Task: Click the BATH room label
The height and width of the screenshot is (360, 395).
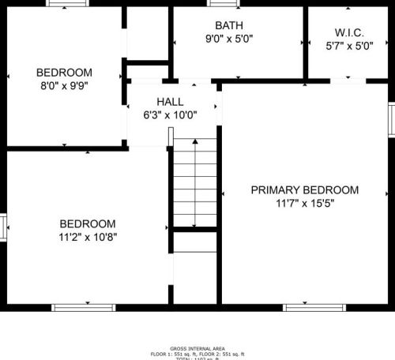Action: point(229,25)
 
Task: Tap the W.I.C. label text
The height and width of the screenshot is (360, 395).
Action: point(348,32)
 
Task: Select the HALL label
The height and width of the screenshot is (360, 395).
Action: point(170,102)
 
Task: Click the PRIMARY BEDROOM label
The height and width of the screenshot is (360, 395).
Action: point(304,189)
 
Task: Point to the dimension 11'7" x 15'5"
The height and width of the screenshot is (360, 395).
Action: point(304,203)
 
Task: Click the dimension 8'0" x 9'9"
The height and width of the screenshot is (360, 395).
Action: point(65,86)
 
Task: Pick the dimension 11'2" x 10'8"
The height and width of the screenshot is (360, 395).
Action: point(87,237)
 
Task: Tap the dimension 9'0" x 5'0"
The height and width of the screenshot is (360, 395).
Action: point(229,38)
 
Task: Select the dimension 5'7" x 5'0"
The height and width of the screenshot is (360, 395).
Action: point(348,46)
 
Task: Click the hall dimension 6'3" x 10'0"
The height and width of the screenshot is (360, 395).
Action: point(170,114)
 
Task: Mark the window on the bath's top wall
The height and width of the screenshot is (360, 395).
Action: point(224,3)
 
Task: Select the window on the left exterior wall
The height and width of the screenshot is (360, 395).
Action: point(3,227)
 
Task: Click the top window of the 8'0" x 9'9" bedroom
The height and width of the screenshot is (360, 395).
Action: point(67,3)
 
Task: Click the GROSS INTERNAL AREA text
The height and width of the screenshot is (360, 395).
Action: point(197,348)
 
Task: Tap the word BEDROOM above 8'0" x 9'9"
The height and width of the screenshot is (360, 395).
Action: point(65,73)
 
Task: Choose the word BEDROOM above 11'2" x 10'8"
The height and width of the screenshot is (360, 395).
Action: point(87,223)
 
